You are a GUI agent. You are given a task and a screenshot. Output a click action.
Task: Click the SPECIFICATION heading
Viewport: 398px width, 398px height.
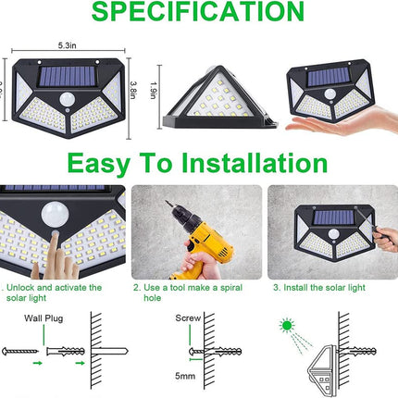point(198,12)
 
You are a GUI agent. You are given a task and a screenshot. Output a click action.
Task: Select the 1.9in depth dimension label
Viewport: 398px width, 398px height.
point(154,91)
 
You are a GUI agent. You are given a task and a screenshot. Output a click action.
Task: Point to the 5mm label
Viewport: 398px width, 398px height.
point(187,378)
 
